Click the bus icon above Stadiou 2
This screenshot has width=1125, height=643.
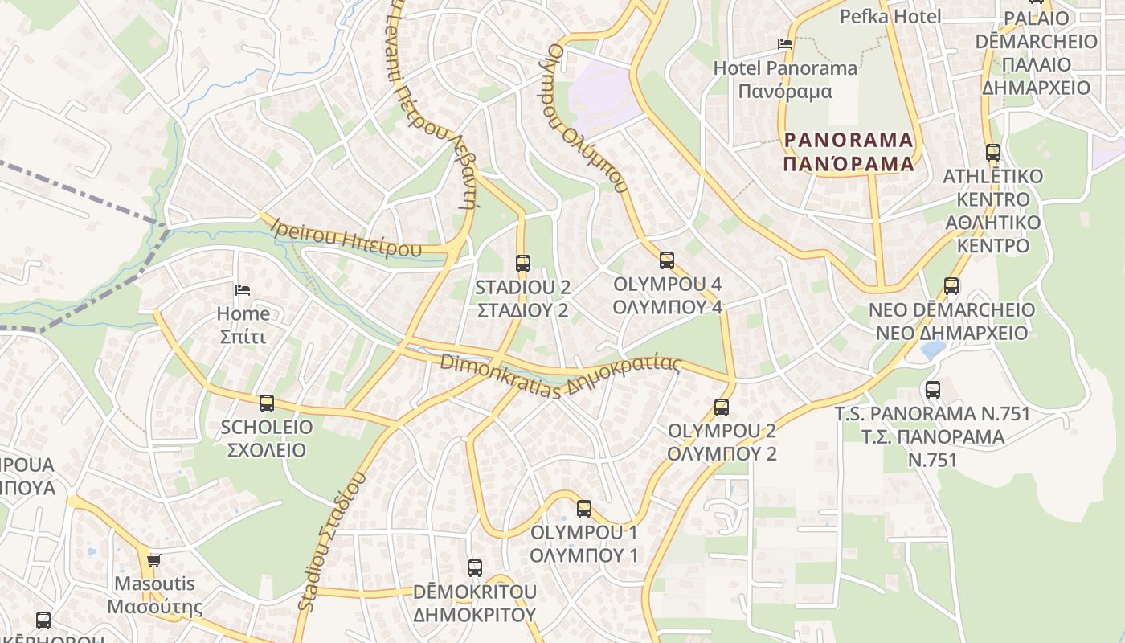(523, 263)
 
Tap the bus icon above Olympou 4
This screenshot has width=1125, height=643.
(666, 260)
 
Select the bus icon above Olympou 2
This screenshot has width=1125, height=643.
(722, 408)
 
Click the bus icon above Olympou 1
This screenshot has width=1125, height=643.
(584, 509)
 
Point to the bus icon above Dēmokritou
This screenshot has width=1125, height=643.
(475, 568)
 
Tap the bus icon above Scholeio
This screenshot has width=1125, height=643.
(267, 403)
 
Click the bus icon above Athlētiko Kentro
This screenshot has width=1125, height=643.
(993, 153)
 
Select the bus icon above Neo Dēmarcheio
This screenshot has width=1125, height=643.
(951, 286)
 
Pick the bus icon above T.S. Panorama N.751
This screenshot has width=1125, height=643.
(933, 390)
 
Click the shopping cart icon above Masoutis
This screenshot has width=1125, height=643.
(153, 560)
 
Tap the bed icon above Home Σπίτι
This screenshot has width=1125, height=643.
(243, 289)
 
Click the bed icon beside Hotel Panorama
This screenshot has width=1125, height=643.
(785, 44)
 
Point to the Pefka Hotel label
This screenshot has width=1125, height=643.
(890, 16)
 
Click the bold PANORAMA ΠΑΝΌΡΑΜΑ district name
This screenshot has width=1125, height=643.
(849, 152)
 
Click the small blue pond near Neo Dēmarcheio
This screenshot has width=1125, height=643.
(934, 350)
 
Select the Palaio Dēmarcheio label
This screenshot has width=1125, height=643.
(1036, 53)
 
